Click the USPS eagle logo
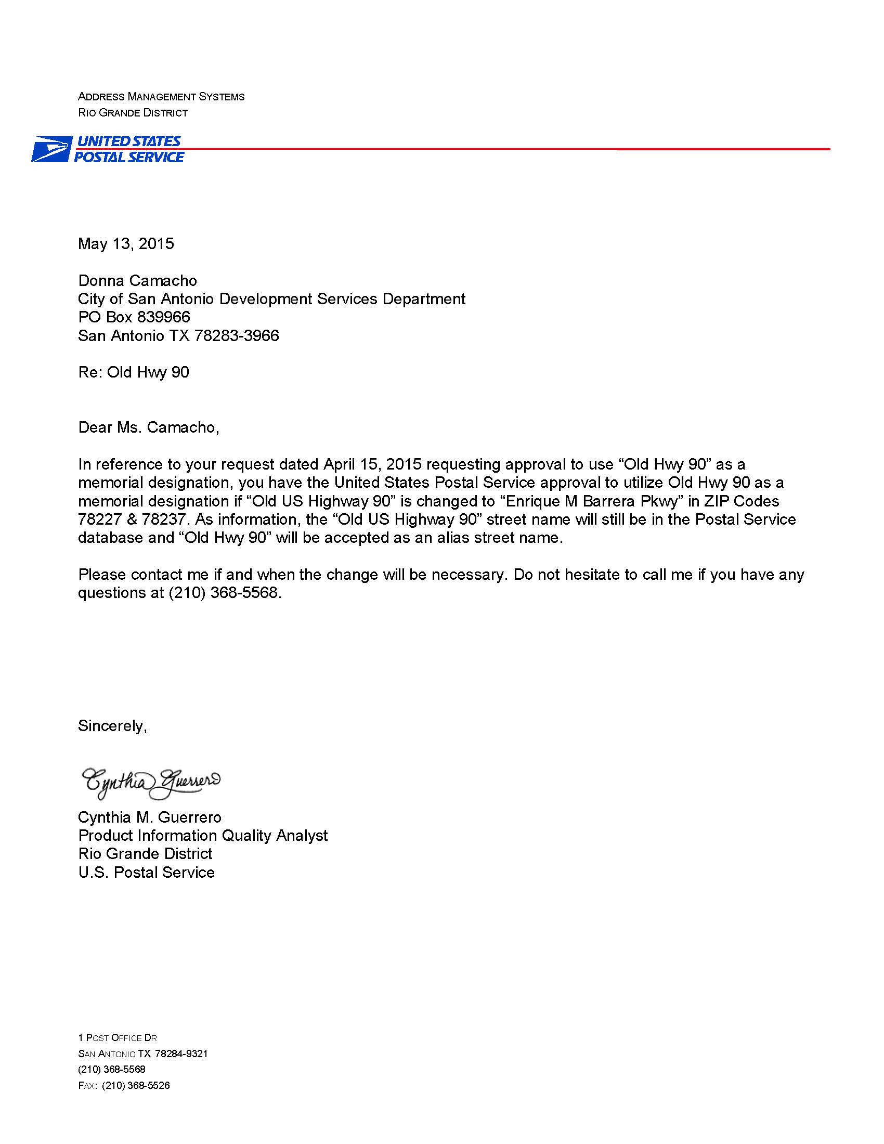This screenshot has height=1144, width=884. [51, 149]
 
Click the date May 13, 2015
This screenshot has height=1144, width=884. [126, 243]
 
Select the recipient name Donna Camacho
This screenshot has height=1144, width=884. [137, 281]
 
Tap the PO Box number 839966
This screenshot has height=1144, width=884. [163, 317]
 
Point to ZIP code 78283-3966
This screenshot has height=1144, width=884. [236, 336]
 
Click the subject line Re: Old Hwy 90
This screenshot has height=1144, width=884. [134, 372]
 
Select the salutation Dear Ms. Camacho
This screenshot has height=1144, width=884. [148, 427]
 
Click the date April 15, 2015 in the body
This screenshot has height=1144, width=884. [372, 464]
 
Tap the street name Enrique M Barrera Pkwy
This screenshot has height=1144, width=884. [594, 501]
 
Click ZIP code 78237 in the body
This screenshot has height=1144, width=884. [164, 519]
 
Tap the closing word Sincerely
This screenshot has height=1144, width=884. [112, 726]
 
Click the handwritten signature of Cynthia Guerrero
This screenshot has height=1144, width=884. [151, 783]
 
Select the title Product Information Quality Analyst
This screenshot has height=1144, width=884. [203, 836]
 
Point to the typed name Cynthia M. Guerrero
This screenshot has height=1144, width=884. [150, 817]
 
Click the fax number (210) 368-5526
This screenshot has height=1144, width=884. [136, 1085]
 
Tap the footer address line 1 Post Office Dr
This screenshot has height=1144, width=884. [118, 1038]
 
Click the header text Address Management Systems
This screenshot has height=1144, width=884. [161, 97]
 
